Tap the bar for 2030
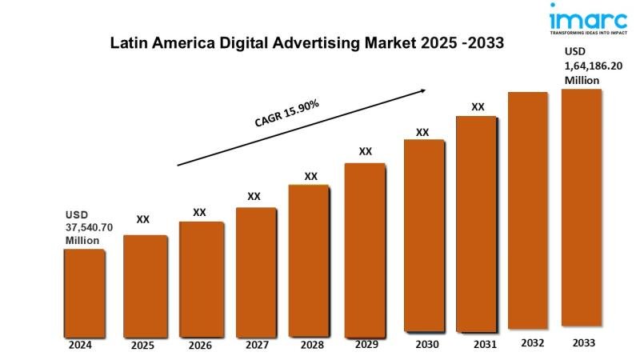tap(424, 234)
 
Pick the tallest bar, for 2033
tap(581, 207)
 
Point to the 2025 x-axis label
tap(142, 346)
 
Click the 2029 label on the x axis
tap(365, 344)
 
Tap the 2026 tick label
tap(200, 346)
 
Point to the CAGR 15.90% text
tap(288, 113)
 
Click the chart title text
tap(307, 44)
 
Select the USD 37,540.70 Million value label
tap(89, 227)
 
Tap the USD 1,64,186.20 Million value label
tap(593, 66)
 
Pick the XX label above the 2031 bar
tap(478, 106)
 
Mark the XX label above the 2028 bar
tap(311, 176)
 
